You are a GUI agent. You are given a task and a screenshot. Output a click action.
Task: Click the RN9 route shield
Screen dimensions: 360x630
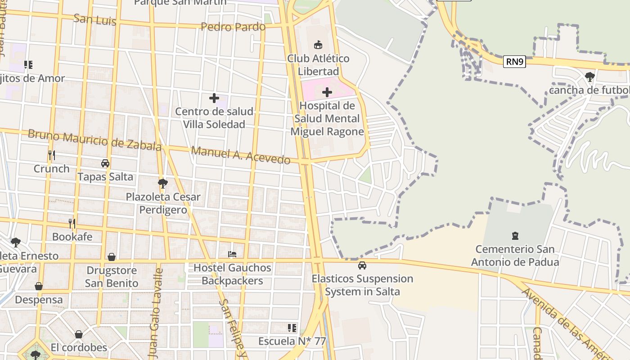pos(514,62)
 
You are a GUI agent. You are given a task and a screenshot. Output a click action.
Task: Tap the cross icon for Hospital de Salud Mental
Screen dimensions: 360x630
pos(327,93)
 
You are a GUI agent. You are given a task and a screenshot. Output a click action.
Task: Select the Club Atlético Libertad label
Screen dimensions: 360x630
pos(318,65)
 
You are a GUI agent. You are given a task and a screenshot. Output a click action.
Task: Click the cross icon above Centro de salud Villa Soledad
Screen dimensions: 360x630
pos(214,98)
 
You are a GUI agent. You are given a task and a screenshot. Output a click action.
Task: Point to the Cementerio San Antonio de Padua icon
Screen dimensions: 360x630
pos(515,235)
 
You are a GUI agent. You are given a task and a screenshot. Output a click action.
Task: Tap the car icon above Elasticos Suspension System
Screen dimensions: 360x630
pos(362,265)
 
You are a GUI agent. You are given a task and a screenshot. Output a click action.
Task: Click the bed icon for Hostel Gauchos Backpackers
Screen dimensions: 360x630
pos(232,254)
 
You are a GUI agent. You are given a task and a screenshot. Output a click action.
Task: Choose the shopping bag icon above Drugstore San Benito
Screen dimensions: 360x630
pos(112,257)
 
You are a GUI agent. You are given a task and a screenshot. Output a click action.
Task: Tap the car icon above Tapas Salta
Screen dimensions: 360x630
pos(105,163)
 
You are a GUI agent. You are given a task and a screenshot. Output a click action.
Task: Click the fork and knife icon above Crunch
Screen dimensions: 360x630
pos(52,155)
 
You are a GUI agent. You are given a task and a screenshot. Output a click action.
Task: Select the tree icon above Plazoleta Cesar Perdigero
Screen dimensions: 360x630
pos(163,183)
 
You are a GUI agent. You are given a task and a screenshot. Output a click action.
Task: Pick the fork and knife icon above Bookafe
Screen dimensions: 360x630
pos(72,223)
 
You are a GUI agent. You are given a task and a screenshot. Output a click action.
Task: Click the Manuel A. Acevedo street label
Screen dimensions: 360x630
pos(241,155)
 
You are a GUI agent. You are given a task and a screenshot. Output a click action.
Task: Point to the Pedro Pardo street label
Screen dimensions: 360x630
pos(233,27)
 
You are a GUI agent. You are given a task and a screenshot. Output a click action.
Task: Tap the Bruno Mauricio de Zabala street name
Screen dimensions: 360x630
pos(94,140)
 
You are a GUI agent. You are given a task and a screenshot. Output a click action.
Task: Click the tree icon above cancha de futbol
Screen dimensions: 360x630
pos(589,77)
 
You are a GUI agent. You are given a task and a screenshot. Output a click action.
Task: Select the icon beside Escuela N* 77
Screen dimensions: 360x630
pos(292,328)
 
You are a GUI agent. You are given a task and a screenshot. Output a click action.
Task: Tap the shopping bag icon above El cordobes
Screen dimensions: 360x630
pos(79,334)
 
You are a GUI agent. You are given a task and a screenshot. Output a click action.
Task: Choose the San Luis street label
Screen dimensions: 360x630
pos(94,20)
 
